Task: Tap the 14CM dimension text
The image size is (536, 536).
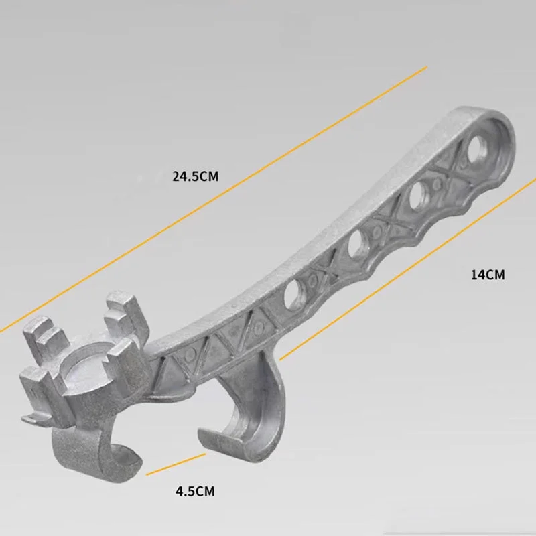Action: [487, 274]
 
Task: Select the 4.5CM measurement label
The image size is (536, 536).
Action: [195, 491]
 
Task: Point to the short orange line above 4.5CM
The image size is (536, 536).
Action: [176, 464]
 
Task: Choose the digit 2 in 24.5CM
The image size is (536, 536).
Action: [176, 177]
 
